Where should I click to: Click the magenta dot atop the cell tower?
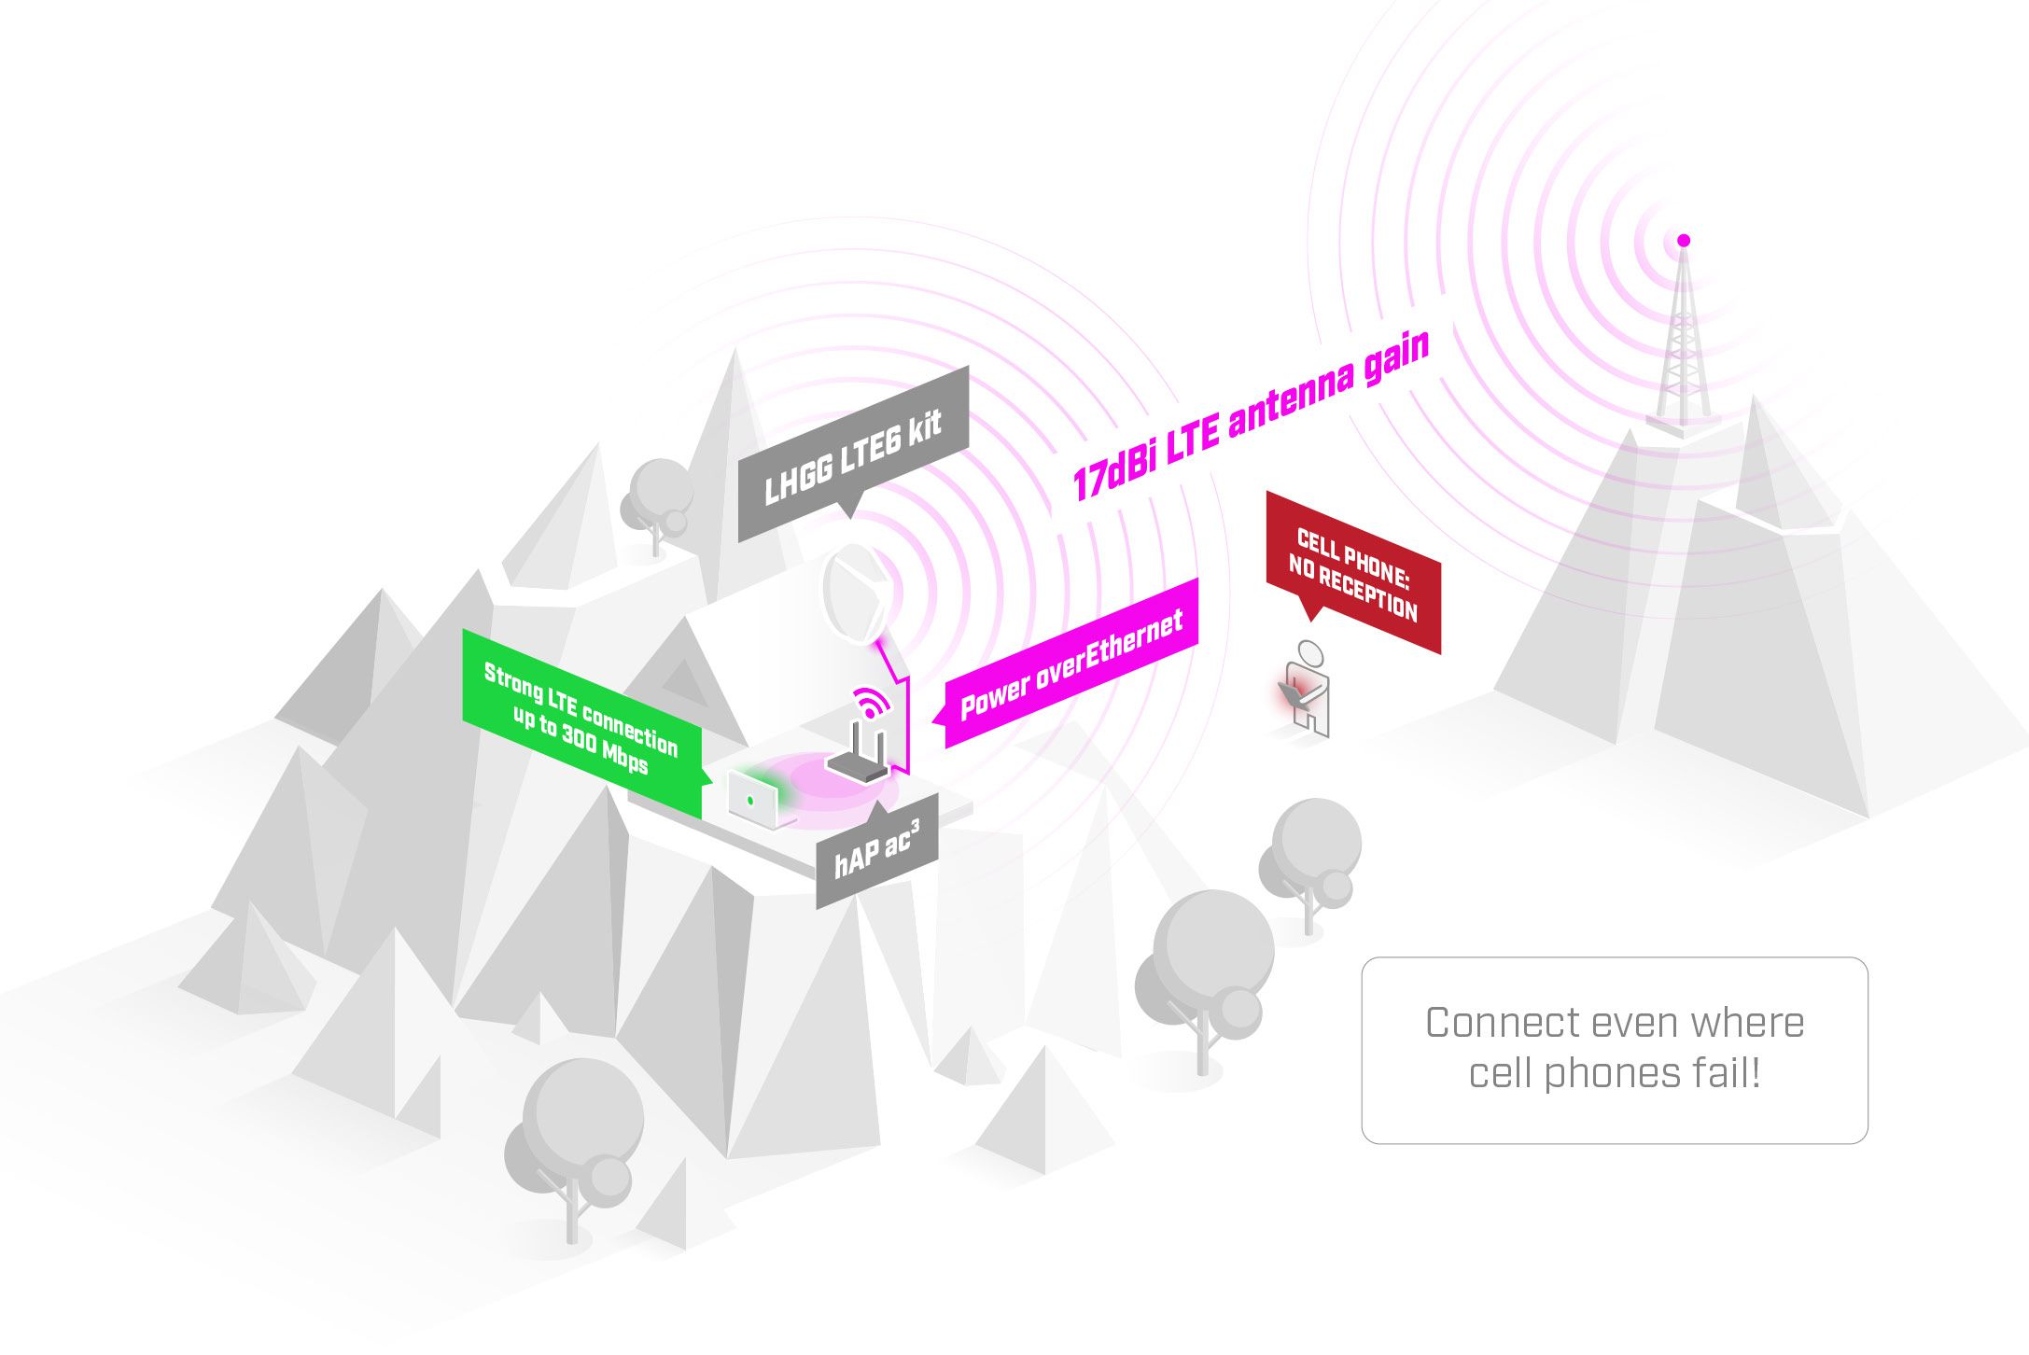click(x=1684, y=241)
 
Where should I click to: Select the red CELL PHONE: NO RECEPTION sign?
click(x=1353, y=572)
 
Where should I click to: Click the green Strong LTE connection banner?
click(x=581, y=719)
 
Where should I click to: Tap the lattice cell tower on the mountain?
click(x=1683, y=341)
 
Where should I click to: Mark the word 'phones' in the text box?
click(x=1603, y=1074)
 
